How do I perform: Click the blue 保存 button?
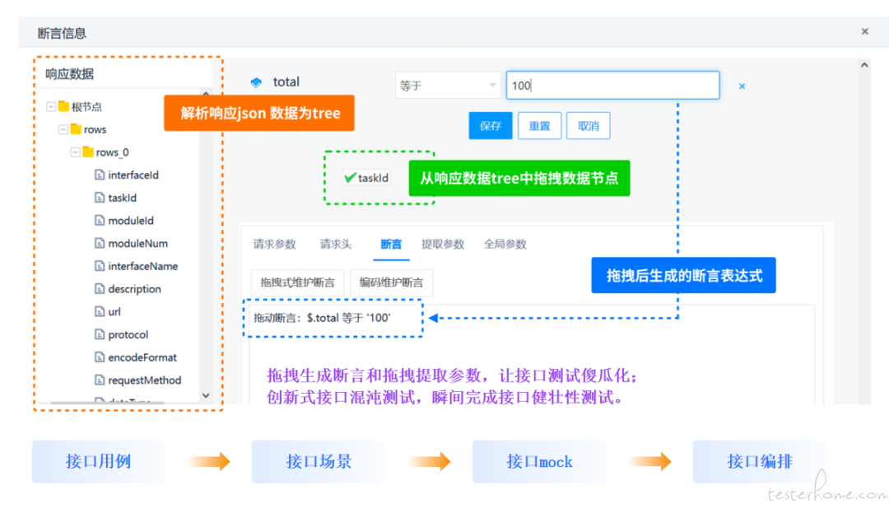point(490,126)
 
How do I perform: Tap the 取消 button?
point(588,126)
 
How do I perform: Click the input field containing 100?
point(613,86)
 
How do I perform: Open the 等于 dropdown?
point(448,86)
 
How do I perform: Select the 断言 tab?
point(391,245)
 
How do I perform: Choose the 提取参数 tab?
point(443,245)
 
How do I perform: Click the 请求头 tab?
point(336,245)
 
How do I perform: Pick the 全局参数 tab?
point(505,245)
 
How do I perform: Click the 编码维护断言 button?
point(391,283)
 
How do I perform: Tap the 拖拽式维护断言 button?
point(298,283)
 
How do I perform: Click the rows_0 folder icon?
point(88,152)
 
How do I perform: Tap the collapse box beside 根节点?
point(51,106)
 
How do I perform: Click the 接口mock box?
point(540,461)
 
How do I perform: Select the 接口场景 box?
point(319,461)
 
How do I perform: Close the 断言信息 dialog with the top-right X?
point(864,32)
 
